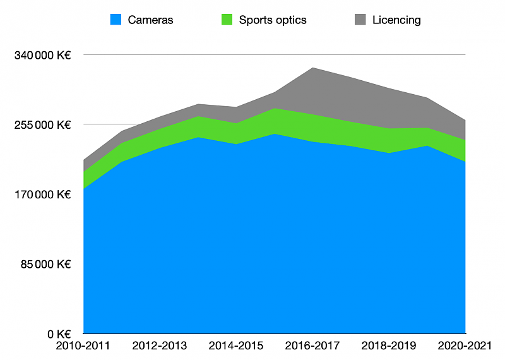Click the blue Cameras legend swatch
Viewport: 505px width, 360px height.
point(116,20)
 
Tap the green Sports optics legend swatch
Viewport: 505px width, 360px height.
point(227,20)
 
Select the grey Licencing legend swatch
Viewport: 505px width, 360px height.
point(360,20)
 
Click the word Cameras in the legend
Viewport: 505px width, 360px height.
point(150,20)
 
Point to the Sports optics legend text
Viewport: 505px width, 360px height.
point(273,20)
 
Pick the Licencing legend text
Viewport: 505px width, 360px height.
point(396,20)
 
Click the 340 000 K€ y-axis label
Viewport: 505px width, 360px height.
point(42,55)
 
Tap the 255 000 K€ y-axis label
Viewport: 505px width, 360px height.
point(42,124)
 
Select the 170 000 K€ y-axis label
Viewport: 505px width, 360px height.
point(42,195)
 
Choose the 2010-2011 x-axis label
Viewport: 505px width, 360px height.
point(83,346)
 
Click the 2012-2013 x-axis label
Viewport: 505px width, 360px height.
point(160,346)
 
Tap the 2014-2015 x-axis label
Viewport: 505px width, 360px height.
point(236,346)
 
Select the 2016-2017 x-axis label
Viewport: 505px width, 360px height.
point(313,346)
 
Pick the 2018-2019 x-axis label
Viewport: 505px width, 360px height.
point(389,346)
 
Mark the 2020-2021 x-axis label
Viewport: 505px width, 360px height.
point(465,346)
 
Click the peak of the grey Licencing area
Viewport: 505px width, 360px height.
point(313,69)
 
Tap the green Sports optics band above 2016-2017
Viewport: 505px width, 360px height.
point(313,128)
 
